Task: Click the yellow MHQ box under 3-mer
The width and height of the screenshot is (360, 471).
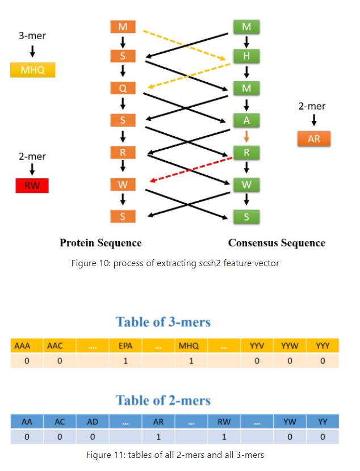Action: pyautogui.click(x=32, y=70)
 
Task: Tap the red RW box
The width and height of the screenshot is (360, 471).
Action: pyautogui.click(x=32, y=185)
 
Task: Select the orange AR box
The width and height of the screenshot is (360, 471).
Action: pyautogui.click(x=313, y=139)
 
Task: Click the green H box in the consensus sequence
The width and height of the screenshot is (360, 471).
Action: pyautogui.click(x=246, y=56)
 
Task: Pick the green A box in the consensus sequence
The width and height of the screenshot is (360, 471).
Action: pyautogui.click(x=246, y=120)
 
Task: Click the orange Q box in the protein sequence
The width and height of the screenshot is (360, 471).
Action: pyautogui.click(x=123, y=89)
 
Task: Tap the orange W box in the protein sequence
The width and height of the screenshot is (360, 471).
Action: pyautogui.click(x=123, y=184)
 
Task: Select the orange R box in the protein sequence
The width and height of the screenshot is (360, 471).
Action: pyautogui.click(x=123, y=153)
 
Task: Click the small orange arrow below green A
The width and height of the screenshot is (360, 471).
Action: pyautogui.click(x=246, y=136)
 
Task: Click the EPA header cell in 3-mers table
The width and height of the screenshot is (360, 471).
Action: pyautogui.click(x=125, y=346)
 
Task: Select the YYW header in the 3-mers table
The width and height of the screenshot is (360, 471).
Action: pyautogui.click(x=289, y=346)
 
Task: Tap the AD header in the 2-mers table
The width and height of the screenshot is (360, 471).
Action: pyautogui.click(x=93, y=422)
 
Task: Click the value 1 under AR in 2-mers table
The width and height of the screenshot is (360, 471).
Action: pyautogui.click(x=158, y=437)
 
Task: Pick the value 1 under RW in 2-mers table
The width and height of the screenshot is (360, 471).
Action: pyautogui.click(x=224, y=437)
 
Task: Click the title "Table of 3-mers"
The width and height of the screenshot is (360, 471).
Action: pyautogui.click(x=163, y=322)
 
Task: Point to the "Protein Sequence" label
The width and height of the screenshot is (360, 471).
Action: pyautogui.click(x=101, y=243)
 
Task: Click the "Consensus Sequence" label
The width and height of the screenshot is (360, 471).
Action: pyautogui.click(x=277, y=243)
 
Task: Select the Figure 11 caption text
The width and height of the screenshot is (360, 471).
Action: pyautogui.click(x=175, y=455)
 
